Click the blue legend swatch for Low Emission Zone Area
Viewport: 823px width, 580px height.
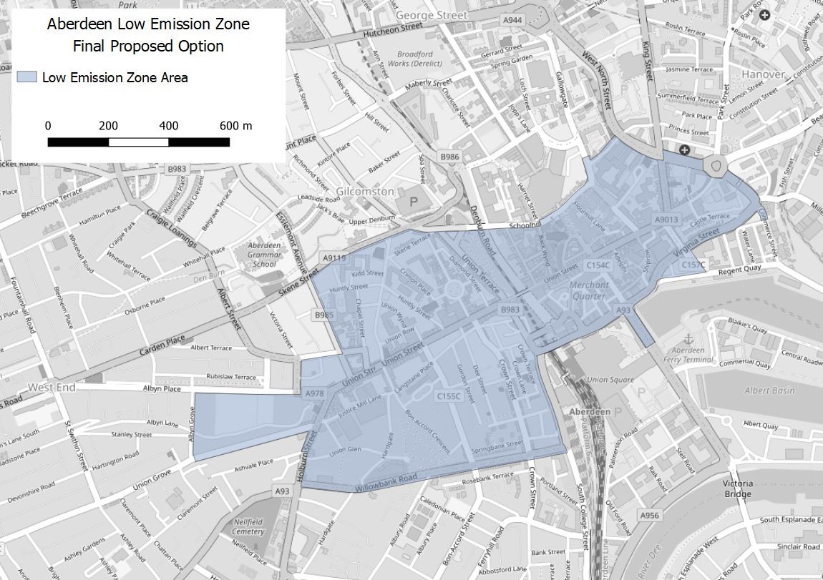tap(26, 77)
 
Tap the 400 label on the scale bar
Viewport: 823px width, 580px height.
tap(169, 126)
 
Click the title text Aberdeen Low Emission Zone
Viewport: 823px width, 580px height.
tap(148, 24)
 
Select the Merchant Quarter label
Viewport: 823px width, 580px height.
tap(589, 290)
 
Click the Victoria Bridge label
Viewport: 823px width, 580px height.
tap(737, 488)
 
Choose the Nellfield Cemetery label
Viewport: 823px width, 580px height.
tap(248, 527)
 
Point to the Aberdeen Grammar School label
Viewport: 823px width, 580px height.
tap(264, 255)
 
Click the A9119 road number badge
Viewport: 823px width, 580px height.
tap(334, 257)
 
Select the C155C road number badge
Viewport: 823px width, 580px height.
tap(449, 395)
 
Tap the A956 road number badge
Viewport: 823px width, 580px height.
tap(649, 515)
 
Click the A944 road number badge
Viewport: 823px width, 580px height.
tap(512, 20)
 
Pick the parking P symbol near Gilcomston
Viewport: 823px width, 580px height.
tap(413, 202)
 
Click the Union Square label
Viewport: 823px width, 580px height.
tap(610, 379)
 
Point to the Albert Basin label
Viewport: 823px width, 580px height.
tap(769, 390)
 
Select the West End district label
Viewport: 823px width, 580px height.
tap(51, 388)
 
